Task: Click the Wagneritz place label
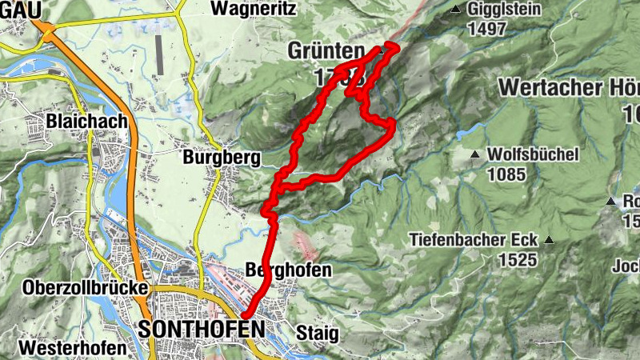(254, 10)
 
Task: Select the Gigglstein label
(506, 10)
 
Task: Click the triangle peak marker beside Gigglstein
(455, 10)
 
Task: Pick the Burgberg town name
(222, 158)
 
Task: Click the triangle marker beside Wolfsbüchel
(475, 154)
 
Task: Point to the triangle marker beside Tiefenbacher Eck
(550, 239)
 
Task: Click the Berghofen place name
(289, 270)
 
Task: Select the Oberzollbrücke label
(86, 287)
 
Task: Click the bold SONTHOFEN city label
(201, 329)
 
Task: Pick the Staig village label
(317, 332)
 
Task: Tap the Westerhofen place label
(73, 349)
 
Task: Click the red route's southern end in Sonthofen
(246, 315)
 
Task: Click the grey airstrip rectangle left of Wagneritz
(159, 51)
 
